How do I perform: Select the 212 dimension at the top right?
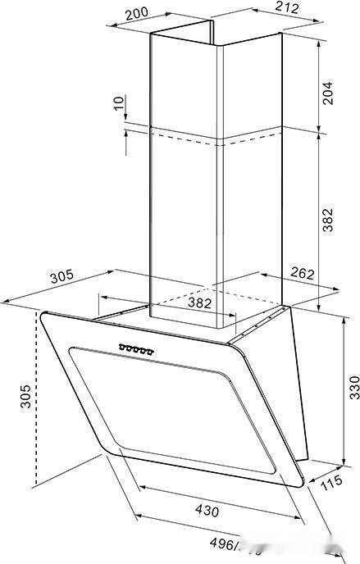285,8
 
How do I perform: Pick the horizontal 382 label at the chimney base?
200,302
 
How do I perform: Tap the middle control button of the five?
137,351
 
